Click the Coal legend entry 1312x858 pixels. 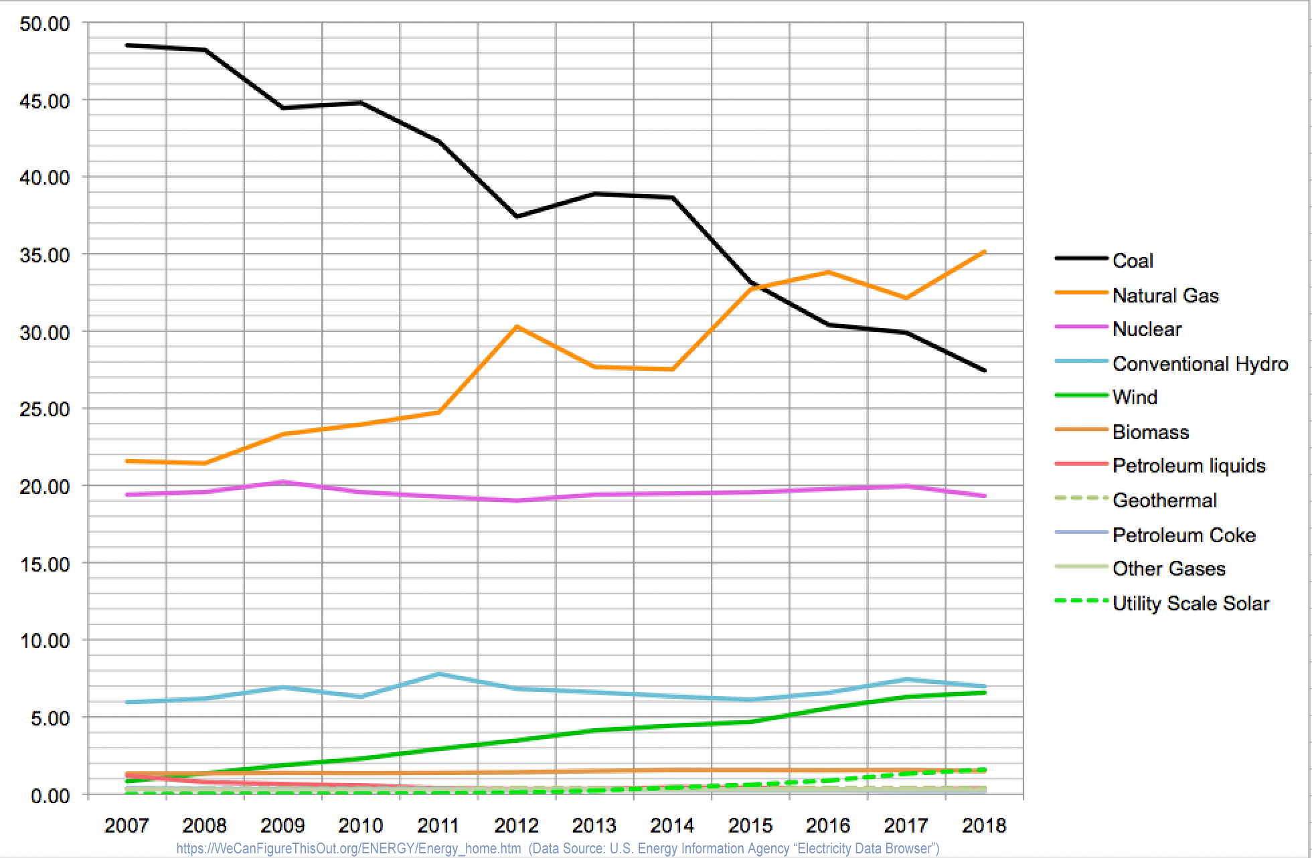pyautogui.click(x=1133, y=260)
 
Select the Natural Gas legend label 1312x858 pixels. pyautogui.click(x=1165, y=295)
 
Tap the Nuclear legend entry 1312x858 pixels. pyautogui.click(x=1147, y=329)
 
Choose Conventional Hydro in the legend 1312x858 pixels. pyautogui.click(x=1200, y=363)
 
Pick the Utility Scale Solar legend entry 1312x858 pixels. pyautogui.click(x=1190, y=603)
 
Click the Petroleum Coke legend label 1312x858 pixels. pyautogui.click(x=1183, y=535)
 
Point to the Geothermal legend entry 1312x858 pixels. pyautogui.click(x=1164, y=500)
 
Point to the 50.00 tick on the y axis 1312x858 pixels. pyautogui.click(x=45, y=24)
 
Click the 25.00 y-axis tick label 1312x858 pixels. pyautogui.click(x=45, y=409)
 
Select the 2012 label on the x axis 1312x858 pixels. pyautogui.click(x=516, y=826)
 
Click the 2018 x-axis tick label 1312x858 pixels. pyautogui.click(x=984, y=826)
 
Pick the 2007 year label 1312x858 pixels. pyautogui.click(x=127, y=826)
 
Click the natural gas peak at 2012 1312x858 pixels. pyautogui.click(x=517, y=327)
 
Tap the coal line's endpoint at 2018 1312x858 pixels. pyautogui.click(x=985, y=370)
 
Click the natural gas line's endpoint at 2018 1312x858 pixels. pyautogui.click(x=985, y=252)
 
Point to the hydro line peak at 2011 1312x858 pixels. pyautogui.click(x=438, y=673)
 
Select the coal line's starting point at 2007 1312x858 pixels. pyautogui.click(x=127, y=46)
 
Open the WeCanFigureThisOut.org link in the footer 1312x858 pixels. pyautogui.click(x=348, y=849)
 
